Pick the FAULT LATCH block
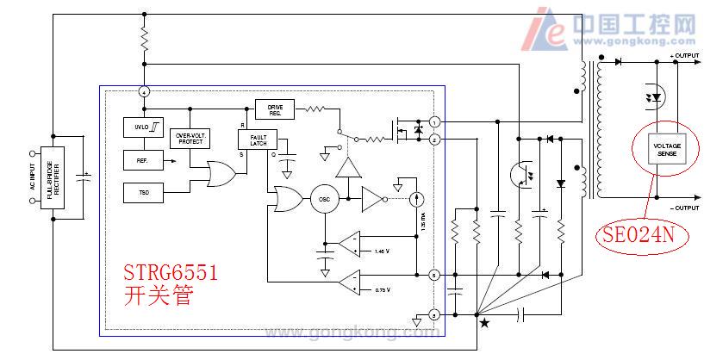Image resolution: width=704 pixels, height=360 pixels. [x=257, y=140]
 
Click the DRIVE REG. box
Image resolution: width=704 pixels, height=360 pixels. [x=275, y=109]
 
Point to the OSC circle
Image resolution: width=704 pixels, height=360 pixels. [x=325, y=199]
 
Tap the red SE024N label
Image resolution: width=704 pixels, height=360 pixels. [x=638, y=233]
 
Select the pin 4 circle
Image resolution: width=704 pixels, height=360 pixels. [x=145, y=91]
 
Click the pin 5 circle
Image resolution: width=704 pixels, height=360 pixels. [x=434, y=276]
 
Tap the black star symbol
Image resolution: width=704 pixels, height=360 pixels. [x=483, y=324]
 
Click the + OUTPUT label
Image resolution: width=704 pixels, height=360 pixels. [x=683, y=55]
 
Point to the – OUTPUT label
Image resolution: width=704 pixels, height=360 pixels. [x=683, y=209]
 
